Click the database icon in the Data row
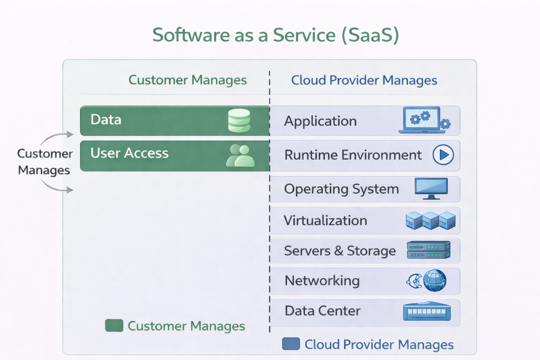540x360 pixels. click(x=239, y=121)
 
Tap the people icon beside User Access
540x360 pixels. click(x=240, y=155)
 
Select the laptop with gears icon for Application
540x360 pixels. click(x=424, y=121)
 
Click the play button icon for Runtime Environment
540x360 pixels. click(x=443, y=155)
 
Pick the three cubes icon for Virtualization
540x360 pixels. click(x=430, y=220)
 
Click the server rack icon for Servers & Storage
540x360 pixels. click(x=429, y=250)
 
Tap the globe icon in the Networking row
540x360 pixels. click(x=433, y=280)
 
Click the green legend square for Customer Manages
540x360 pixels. click(x=114, y=326)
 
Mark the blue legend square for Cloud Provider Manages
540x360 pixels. click(x=291, y=344)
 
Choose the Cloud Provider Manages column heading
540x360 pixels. click(x=364, y=81)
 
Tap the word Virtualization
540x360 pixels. click(x=325, y=220)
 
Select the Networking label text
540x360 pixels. click(x=322, y=280)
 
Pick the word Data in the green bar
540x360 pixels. click(x=105, y=120)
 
